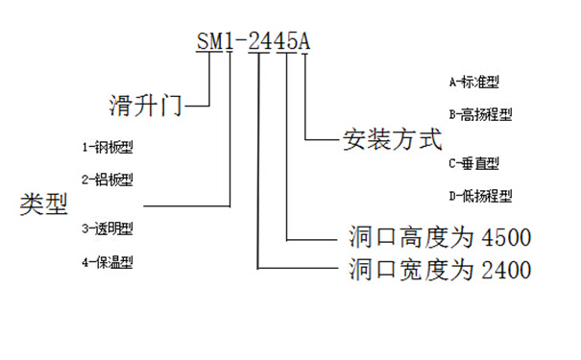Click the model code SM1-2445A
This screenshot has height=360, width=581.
(254, 41)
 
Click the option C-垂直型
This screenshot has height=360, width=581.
(473, 163)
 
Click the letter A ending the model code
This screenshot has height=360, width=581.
(304, 41)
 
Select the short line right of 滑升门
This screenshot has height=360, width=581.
(197, 101)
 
